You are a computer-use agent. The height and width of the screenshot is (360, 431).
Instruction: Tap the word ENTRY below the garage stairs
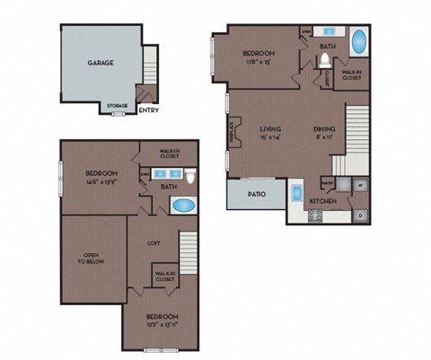(150, 111)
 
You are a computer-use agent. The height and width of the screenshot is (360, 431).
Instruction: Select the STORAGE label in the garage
(118, 106)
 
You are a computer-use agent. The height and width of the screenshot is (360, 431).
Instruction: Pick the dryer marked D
(359, 215)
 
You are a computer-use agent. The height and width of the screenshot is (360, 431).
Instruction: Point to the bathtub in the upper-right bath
(357, 43)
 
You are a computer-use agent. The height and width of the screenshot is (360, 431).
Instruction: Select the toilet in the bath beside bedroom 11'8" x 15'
(324, 61)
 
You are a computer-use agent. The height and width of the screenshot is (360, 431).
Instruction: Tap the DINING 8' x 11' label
(324, 134)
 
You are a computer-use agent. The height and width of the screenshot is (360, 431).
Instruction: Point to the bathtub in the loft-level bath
(184, 205)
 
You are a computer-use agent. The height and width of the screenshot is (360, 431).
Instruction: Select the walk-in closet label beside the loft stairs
(163, 277)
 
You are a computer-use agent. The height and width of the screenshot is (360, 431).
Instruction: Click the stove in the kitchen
(315, 216)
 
